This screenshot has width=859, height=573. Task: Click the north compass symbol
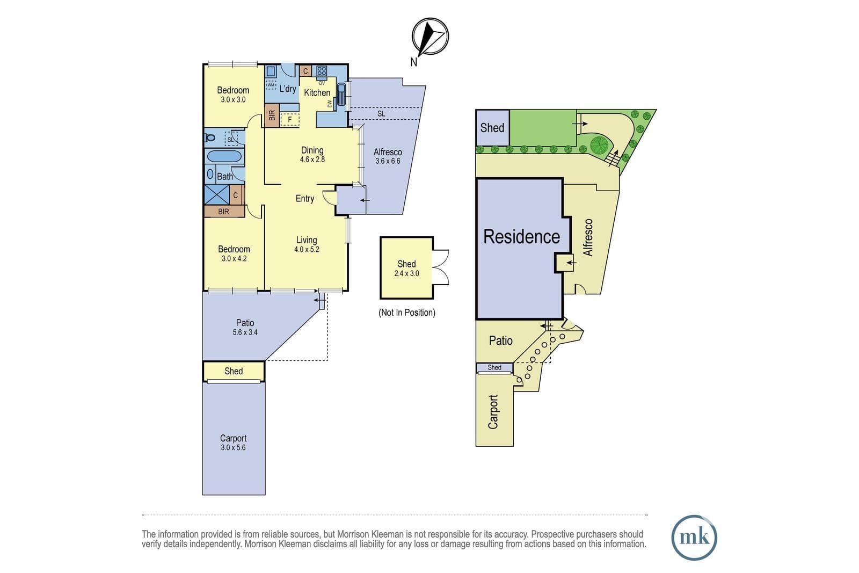[x=430, y=37]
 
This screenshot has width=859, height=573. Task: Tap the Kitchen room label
[x=317, y=92]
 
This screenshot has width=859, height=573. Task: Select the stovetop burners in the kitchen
[x=322, y=71]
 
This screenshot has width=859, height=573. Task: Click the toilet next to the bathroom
[x=209, y=137]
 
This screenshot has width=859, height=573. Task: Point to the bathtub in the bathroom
[x=223, y=156]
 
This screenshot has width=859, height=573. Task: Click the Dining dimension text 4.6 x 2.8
[x=312, y=159]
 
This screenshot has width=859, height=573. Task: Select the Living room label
[x=307, y=240]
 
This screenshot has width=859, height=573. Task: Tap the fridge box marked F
[x=290, y=120]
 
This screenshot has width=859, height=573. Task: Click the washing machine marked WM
[x=271, y=84]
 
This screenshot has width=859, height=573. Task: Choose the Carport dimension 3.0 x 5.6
[x=233, y=447]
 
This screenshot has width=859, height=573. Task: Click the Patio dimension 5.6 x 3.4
[x=245, y=332]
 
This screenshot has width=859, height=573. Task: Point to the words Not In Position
[x=407, y=313]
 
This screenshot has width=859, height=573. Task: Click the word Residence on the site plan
[x=521, y=236]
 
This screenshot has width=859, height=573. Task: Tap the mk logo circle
[x=694, y=538]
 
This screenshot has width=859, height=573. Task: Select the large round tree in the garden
[x=599, y=145]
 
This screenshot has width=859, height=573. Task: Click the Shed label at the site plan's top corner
[x=492, y=128]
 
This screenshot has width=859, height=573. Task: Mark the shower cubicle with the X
[x=217, y=194]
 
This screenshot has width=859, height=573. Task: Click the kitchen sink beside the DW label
[x=341, y=94]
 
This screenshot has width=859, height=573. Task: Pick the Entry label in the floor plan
[x=305, y=199]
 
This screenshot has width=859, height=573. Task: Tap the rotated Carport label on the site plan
[x=493, y=411]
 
